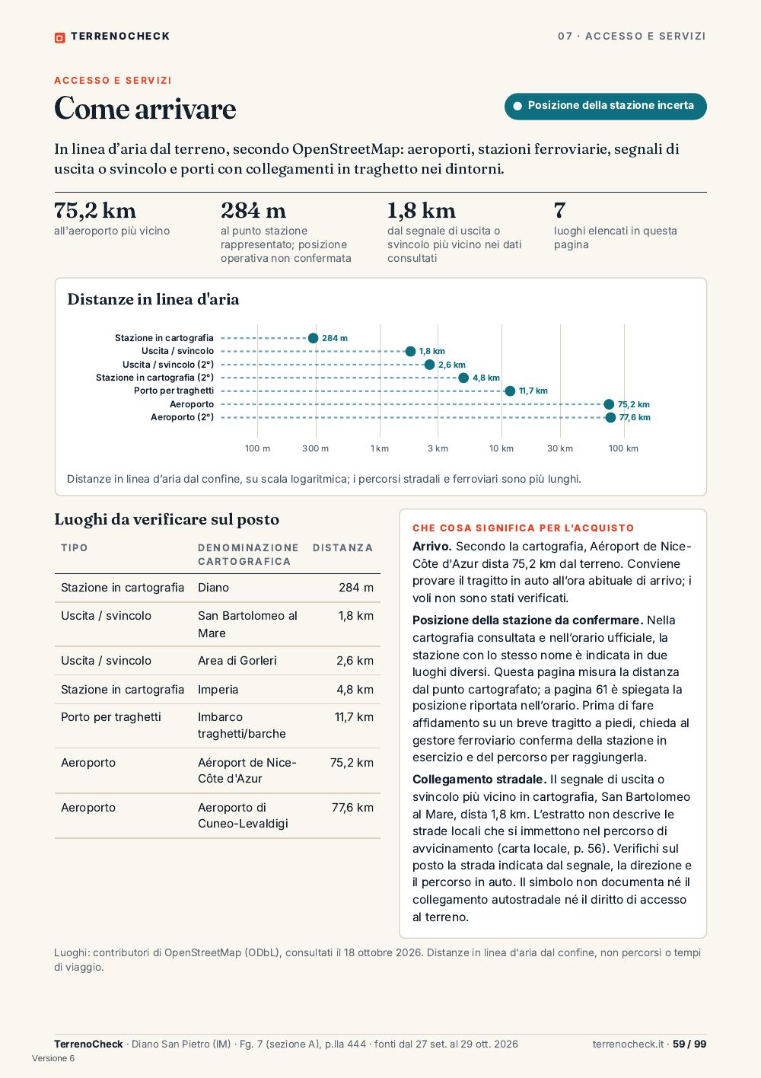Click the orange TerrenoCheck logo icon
coord(59,37)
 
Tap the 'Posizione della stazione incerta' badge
coord(605,106)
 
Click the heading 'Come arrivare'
coord(145,108)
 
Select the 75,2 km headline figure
coord(95,210)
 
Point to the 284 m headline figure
coord(253,210)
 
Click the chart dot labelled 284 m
coord(314,338)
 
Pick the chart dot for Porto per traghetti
coord(510,391)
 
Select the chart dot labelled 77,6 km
coord(610,417)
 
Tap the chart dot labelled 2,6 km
coord(429,365)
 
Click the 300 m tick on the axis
coord(316,448)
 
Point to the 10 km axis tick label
coord(501,448)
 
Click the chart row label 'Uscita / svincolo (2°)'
coord(168,365)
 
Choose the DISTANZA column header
coord(342,547)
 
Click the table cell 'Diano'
coord(213,588)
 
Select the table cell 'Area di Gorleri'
coord(237,661)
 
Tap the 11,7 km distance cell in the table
coord(354,717)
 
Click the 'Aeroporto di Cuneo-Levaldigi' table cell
coord(243,815)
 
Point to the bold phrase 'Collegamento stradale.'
coord(479,779)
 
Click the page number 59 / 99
coord(689,1044)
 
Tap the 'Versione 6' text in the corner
coord(53,1058)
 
